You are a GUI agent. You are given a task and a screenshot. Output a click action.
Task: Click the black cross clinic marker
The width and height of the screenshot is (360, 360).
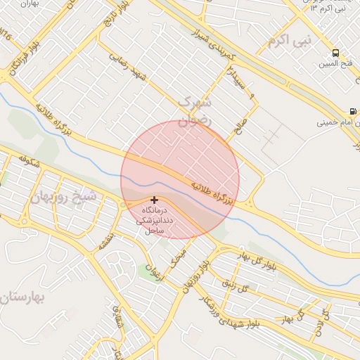(154, 200)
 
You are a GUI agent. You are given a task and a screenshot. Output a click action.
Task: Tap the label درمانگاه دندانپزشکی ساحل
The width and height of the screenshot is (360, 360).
(153, 221)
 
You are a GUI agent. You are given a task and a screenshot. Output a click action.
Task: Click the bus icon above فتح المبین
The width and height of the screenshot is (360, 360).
(335, 53)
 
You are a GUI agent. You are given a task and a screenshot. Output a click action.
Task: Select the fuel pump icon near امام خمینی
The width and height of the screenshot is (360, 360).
(352, 111)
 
